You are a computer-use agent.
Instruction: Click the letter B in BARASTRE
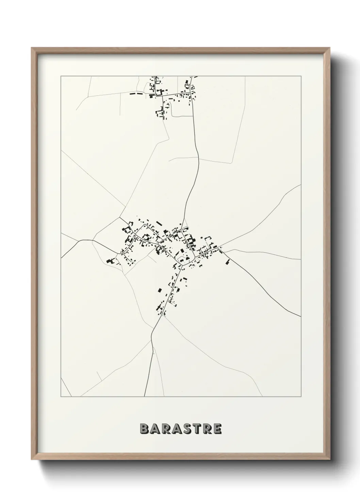(145, 429)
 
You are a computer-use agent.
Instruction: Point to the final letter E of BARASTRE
(217, 429)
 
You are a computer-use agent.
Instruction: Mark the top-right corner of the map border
(301, 76)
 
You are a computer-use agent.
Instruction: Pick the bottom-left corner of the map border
(61, 396)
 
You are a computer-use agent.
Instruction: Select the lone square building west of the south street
(159, 290)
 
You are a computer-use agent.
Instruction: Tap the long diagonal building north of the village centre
(159, 223)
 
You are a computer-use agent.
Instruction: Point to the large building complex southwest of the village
(110, 261)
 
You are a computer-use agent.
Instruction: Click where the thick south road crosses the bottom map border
(144, 396)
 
